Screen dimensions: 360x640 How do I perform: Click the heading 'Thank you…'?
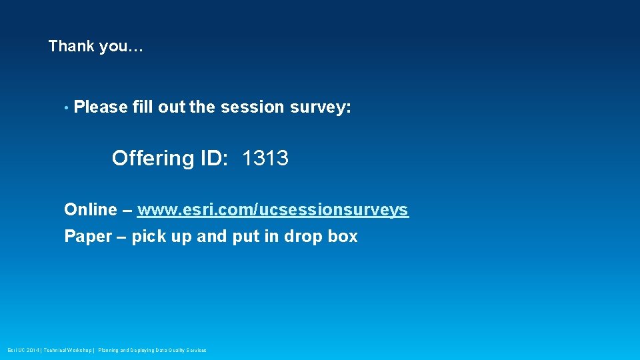[96, 47]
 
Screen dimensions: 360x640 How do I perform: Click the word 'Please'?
[101, 107]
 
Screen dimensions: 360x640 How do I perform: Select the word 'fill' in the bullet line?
[143, 107]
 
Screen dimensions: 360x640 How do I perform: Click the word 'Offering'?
[153, 159]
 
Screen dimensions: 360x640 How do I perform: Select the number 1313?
[265, 159]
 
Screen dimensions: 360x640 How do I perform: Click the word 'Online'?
[90, 210]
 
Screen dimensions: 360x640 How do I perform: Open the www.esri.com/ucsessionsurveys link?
[273, 211]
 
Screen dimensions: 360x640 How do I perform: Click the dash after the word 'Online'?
[127, 210]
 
